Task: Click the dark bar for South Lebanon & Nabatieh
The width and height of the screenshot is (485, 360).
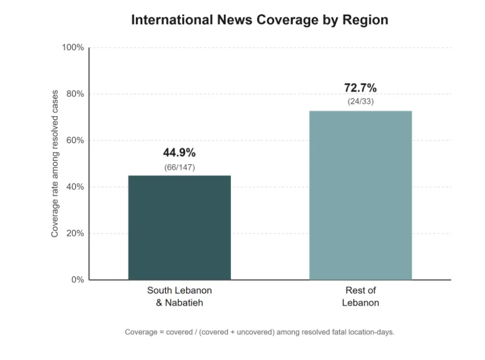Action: click(x=179, y=228)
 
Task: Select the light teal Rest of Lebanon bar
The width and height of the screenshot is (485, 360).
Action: click(x=361, y=196)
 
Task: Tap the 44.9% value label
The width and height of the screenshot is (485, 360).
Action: click(x=179, y=153)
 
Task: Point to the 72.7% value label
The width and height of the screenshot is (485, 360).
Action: click(x=361, y=88)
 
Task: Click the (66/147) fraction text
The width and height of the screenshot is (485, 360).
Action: click(x=179, y=167)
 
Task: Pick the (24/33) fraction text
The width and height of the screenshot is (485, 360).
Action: click(x=361, y=101)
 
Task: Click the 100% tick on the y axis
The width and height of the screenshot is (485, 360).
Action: click(x=73, y=47)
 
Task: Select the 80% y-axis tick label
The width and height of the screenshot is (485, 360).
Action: click(x=75, y=94)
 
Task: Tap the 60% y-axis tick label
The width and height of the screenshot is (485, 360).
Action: click(x=75, y=140)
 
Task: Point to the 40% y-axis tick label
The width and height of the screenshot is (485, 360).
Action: click(x=75, y=187)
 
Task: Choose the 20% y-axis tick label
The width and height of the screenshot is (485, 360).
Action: click(x=75, y=233)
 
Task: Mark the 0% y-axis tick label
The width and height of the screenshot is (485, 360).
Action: click(x=77, y=280)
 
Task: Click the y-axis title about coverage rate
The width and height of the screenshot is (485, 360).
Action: click(x=55, y=164)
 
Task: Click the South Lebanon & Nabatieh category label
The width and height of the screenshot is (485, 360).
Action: click(x=179, y=296)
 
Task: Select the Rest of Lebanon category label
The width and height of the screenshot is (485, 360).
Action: click(x=361, y=296)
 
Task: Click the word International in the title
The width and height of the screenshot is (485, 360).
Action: click(x=172, y=20)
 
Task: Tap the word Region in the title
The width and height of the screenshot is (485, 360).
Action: click(x=365, y=20)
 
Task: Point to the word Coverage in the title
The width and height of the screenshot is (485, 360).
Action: click(x=287, y=20)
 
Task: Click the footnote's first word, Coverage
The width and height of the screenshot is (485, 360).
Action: click(x=141, y=332)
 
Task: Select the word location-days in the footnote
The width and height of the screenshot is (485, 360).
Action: click(x=372, y=332)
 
